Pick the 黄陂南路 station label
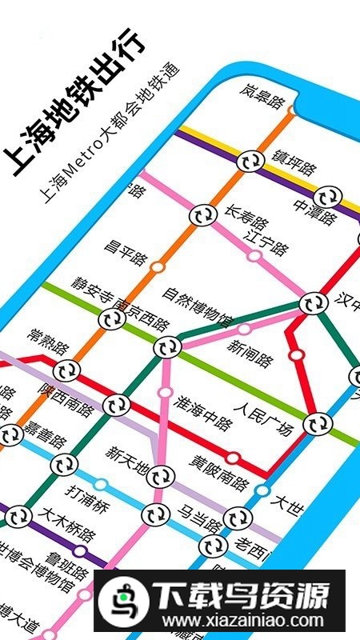pyautogui.click(x=220, y=473)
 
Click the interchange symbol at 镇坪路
pyautogui.click(x=250, y=160)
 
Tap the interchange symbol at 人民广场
pyautogui.click(x=318, y=423)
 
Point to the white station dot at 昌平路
pyautogui.click(x=158, y=266)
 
